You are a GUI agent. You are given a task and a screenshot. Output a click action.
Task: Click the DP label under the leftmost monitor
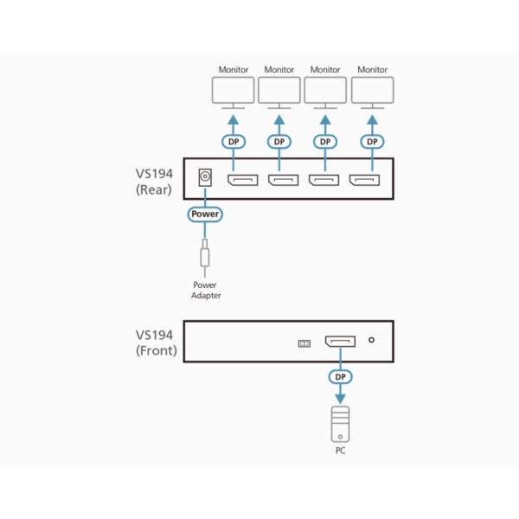click(x=233, y=141)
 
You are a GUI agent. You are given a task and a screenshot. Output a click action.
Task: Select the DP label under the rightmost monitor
click(x=372, y=141)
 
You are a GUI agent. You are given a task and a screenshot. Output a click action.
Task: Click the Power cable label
click(x=205, y=214)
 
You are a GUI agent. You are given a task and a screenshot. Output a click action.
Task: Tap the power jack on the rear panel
click(x=206, y=177)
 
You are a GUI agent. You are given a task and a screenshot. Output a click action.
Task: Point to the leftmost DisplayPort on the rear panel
click(x=241, y=181)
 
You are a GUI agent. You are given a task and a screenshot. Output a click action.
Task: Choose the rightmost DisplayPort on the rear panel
click(x=364, y=181)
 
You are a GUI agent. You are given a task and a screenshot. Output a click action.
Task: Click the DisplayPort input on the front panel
click(x=339, y=343)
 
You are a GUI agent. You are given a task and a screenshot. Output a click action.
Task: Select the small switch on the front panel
click(x=303, y=343)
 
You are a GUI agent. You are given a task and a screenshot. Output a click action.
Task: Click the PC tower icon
click(x=339, y=423)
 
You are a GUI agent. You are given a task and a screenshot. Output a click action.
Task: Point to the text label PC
click(x=339, y=451)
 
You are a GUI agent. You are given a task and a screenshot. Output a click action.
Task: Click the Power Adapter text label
click(x=206, y=290)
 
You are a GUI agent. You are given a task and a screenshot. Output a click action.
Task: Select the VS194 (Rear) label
click(x=156, y=182)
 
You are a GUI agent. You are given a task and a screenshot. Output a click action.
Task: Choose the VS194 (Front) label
click(x=156, y=343)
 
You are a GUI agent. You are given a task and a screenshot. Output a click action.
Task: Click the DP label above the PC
click(x=339, y=378)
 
